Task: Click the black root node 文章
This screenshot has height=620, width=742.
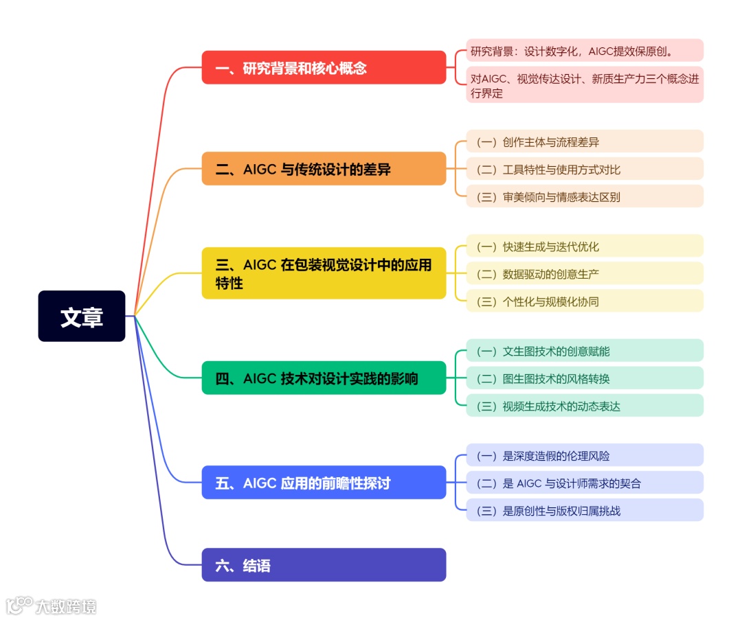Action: click(82, 317)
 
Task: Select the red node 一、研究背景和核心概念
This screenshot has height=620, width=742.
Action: click(324, 68)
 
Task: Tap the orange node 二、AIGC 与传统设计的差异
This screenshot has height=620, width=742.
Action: click(324, 169)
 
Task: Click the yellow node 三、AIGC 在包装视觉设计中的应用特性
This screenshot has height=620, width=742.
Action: click(324, 273)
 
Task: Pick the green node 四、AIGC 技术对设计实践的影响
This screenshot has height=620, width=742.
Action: click(324, 378)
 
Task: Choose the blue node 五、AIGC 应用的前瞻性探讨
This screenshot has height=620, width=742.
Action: click(324, 483)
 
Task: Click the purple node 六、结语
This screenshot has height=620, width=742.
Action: click(324, 565)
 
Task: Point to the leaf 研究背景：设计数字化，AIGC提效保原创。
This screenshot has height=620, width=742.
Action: click(585, 51)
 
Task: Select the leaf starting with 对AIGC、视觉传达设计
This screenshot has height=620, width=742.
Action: click(585, 85)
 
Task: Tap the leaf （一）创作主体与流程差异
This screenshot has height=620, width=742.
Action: click(585, 141)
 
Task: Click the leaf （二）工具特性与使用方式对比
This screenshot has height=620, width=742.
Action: click(585, 169)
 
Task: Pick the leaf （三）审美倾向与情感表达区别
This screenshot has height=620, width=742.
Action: click(585, 196)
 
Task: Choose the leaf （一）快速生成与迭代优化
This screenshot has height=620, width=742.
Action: click(585, 246)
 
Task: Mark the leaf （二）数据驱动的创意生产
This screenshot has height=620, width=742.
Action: click(585, 273)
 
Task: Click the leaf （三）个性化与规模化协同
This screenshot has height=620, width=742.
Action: click(585, 301)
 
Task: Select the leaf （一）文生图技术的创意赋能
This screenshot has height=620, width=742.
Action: click(585, 351)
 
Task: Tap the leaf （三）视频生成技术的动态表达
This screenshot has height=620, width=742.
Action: click(585, 406)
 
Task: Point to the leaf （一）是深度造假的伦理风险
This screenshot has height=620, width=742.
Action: click(585, 455)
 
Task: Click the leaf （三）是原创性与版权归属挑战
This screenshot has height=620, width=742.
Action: click(585, 510)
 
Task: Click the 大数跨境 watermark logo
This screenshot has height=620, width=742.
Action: click(52, 605)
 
